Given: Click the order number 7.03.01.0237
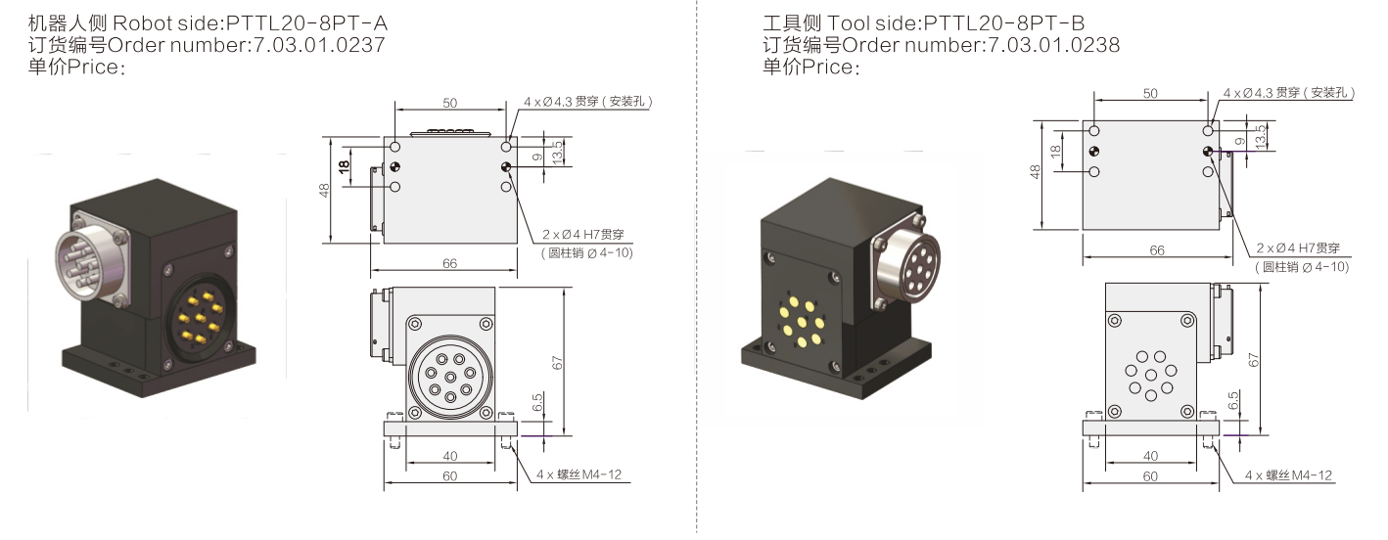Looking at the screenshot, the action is (319, 45).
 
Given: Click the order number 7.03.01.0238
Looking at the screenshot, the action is (1053, 45).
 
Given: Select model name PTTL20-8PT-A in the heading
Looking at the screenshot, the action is (306, 23).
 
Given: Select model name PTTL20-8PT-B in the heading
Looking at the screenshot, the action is (1004, 23).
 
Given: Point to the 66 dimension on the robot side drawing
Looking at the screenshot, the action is (450, 263).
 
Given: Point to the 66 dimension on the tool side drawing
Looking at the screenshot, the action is (1157, 250).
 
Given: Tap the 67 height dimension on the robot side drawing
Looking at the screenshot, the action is (557, 363).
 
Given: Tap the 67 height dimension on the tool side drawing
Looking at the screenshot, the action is (1254, 360).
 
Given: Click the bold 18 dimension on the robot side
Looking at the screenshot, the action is (344, 166).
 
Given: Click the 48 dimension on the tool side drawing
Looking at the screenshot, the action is (1035, 171).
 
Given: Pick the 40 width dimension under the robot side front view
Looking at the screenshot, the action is (450, 456).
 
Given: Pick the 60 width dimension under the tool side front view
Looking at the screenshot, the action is (1150, 476).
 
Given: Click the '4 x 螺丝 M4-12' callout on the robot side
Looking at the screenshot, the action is (578, 474).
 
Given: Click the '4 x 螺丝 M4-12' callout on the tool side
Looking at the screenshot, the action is (1289, 475).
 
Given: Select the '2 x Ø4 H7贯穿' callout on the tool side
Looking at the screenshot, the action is (1298, 247).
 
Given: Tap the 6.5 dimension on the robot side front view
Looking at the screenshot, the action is (537, 402).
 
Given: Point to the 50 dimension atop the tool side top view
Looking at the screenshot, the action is (1150, 93).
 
